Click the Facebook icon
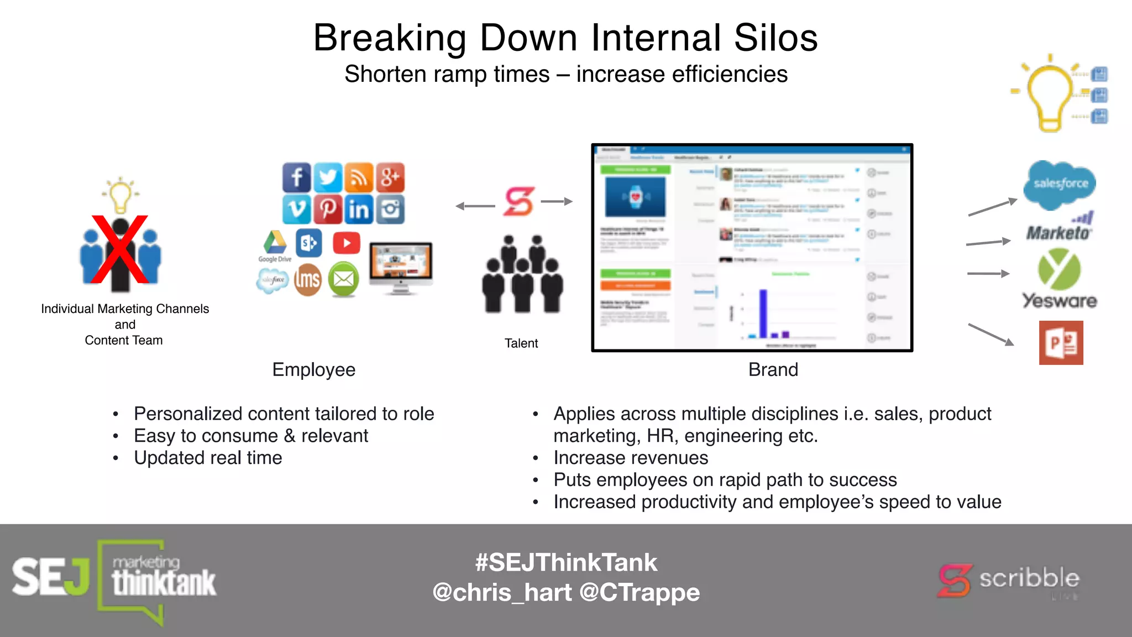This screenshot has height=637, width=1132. (297, 177)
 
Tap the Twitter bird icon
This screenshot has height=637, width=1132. (328, 177)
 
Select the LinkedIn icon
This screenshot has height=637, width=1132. (359, 209)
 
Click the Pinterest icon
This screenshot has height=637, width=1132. (328, 209)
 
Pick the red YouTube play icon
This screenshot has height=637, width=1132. (347, 243)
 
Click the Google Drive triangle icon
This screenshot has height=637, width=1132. (275, 243)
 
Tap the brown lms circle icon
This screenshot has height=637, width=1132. (307, 280)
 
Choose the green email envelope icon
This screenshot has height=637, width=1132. (343, 279)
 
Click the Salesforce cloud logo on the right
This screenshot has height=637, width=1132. (1060, 184)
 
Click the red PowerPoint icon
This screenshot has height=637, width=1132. (1061, 343)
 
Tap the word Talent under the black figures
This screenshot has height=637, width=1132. (521, 343)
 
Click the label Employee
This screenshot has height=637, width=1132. (313, 369)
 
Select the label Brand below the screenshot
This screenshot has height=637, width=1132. (773, 369)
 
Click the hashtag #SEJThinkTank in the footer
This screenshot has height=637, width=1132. (566, 562)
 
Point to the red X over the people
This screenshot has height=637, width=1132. (119, 249)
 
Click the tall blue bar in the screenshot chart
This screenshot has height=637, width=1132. (763, 313)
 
